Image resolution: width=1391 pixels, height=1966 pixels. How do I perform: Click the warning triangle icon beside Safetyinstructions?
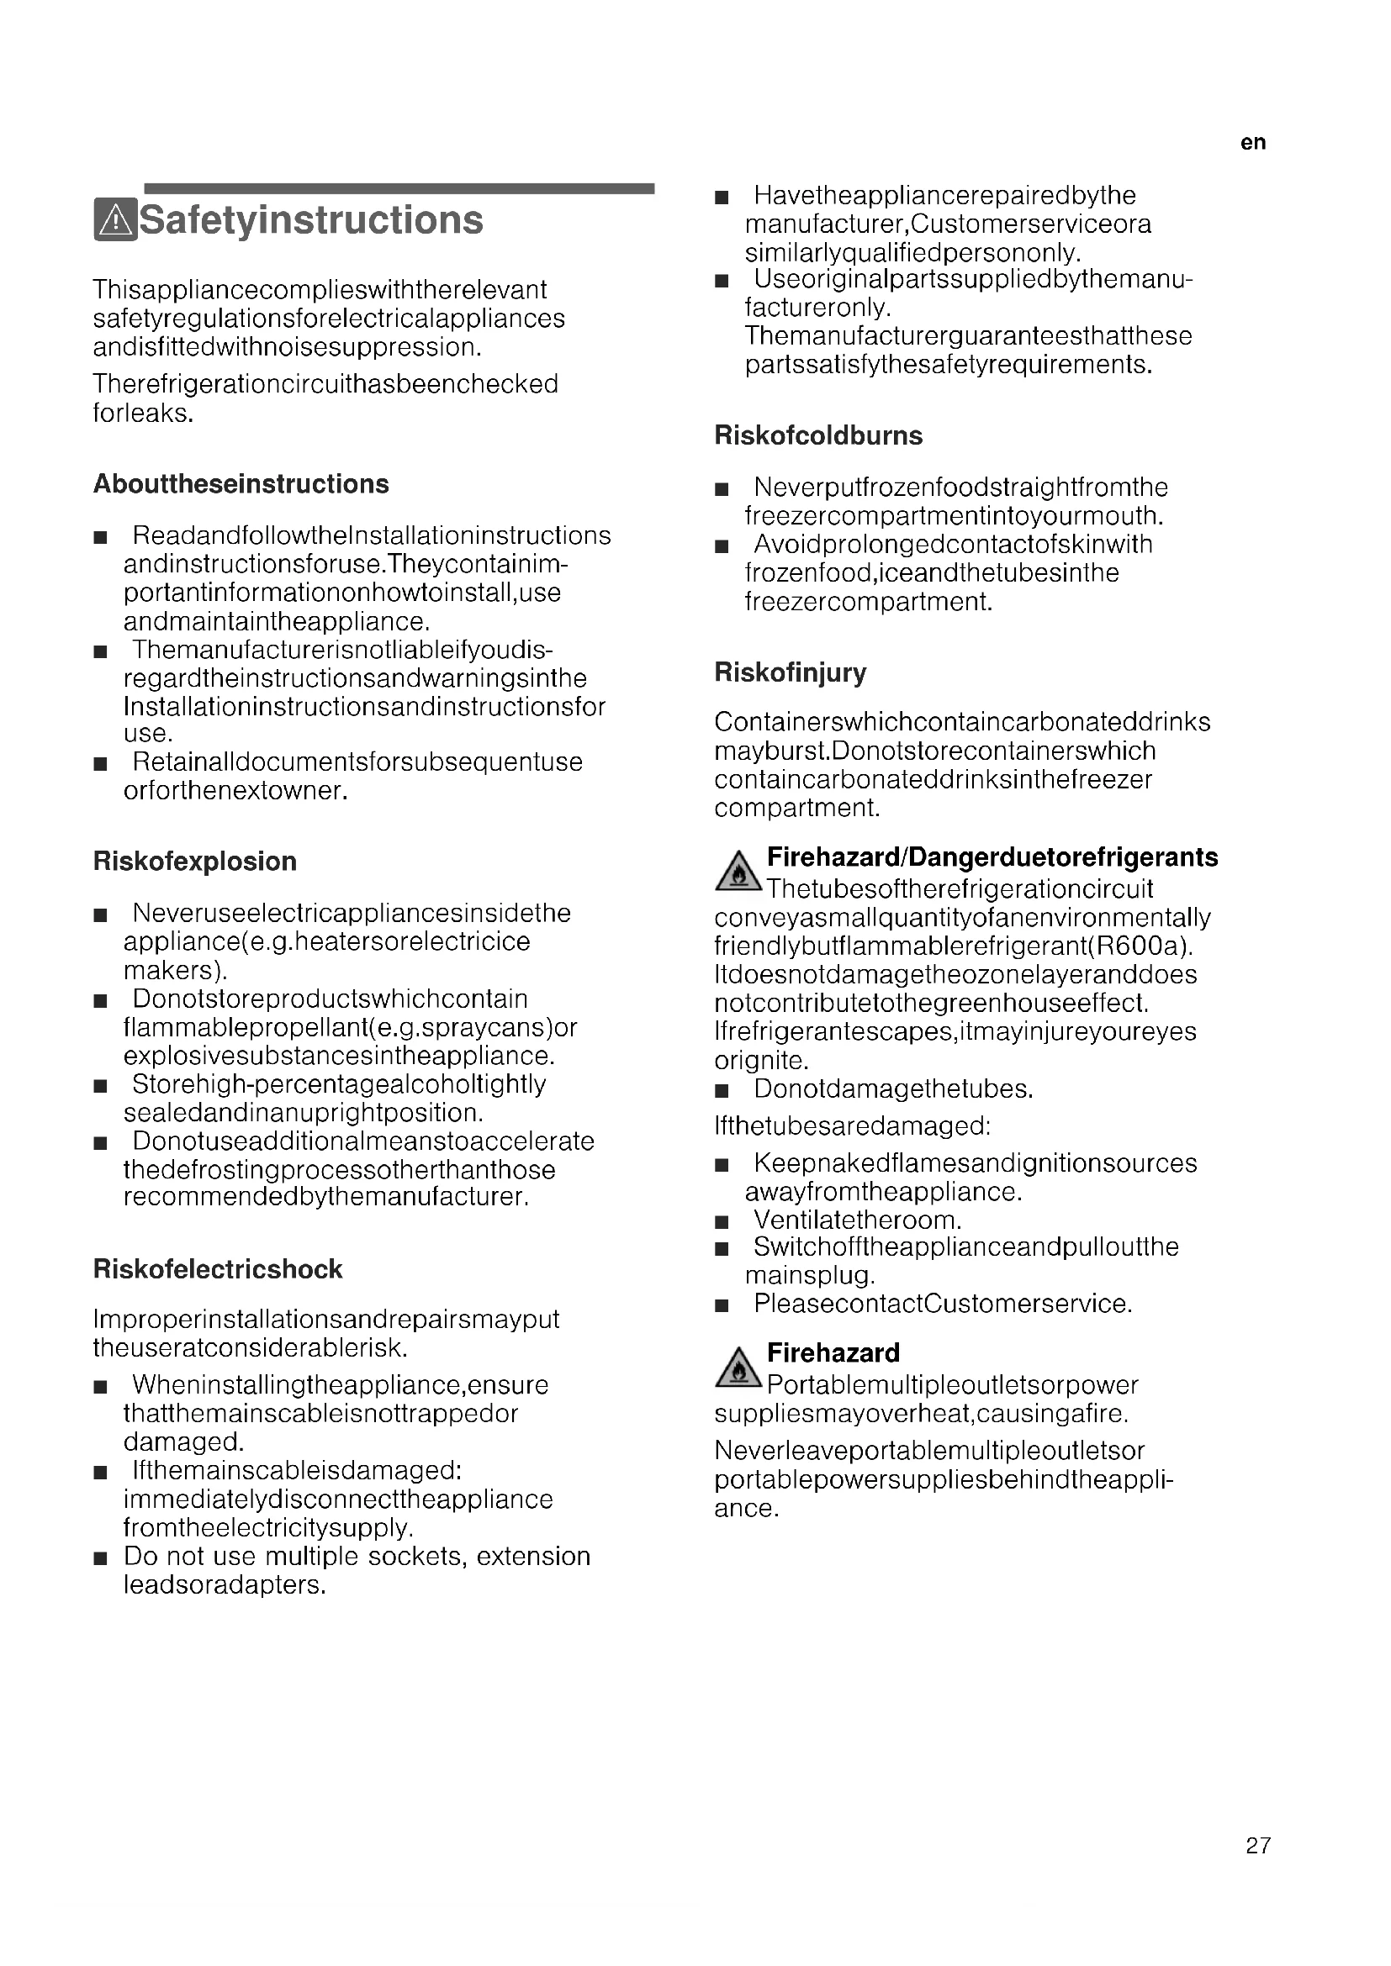(x=115, y=220)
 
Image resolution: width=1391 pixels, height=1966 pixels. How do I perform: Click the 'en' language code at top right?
(x=1252, y=143)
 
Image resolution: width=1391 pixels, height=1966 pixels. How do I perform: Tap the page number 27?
(x=1258, y=1845)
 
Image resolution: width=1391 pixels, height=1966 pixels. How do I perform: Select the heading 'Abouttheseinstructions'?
(x=241, y=485)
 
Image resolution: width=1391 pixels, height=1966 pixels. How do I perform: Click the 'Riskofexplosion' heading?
(x=194, y=862)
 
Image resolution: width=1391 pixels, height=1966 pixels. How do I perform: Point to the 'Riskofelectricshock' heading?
(x=218, y=1269)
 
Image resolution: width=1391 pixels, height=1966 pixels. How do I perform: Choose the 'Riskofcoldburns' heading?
(x=818, y=436)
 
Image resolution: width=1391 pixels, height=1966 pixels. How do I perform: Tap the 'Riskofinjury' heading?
(x=790, y=673)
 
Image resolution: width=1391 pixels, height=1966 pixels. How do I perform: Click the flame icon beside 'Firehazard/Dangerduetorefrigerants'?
(x=738, y=873)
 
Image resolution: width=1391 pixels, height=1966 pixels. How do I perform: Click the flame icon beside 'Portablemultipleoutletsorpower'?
(x=738, y=1368)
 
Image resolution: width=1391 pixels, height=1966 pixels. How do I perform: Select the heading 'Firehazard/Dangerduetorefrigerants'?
(x=992, y=857)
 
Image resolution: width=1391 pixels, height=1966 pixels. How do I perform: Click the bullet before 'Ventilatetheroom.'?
(x=722, y=1222)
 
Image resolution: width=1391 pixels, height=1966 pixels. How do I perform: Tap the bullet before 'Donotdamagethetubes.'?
(x=722, y=1091)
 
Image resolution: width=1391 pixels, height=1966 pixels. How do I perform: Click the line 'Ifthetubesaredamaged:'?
(x=852, y=1126)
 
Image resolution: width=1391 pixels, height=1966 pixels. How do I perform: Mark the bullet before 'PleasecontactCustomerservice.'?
(x=722, y=1306)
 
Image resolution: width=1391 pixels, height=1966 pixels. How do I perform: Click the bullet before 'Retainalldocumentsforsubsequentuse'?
(x=100, y=764)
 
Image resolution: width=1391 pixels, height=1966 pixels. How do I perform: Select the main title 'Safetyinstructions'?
(x=311, y=220)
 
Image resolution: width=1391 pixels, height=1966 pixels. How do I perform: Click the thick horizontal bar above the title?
(x=399, y=188)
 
